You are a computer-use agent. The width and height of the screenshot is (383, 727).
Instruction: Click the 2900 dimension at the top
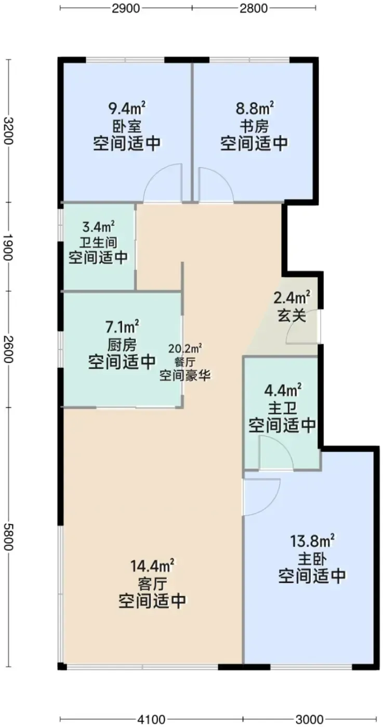click(126, 8)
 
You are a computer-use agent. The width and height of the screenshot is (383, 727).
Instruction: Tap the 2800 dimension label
click(254, 8)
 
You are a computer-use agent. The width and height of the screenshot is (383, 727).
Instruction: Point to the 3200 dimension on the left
click(8, 131)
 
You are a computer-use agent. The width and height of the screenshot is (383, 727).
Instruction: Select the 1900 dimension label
click(8, 247)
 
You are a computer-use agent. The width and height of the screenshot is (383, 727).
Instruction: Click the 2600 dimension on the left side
click(8, 348)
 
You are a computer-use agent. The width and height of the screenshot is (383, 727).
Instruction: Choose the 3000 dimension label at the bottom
click(310, 719)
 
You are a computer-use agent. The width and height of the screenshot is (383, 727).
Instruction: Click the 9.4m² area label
click(127, 108)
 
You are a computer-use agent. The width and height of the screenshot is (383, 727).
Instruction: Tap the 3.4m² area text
click(98, 226)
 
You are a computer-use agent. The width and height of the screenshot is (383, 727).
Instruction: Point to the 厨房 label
click(122, 345)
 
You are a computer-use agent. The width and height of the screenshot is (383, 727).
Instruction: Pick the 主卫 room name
click(282, 408)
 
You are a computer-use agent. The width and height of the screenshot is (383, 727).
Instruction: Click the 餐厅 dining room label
click(185, 362)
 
